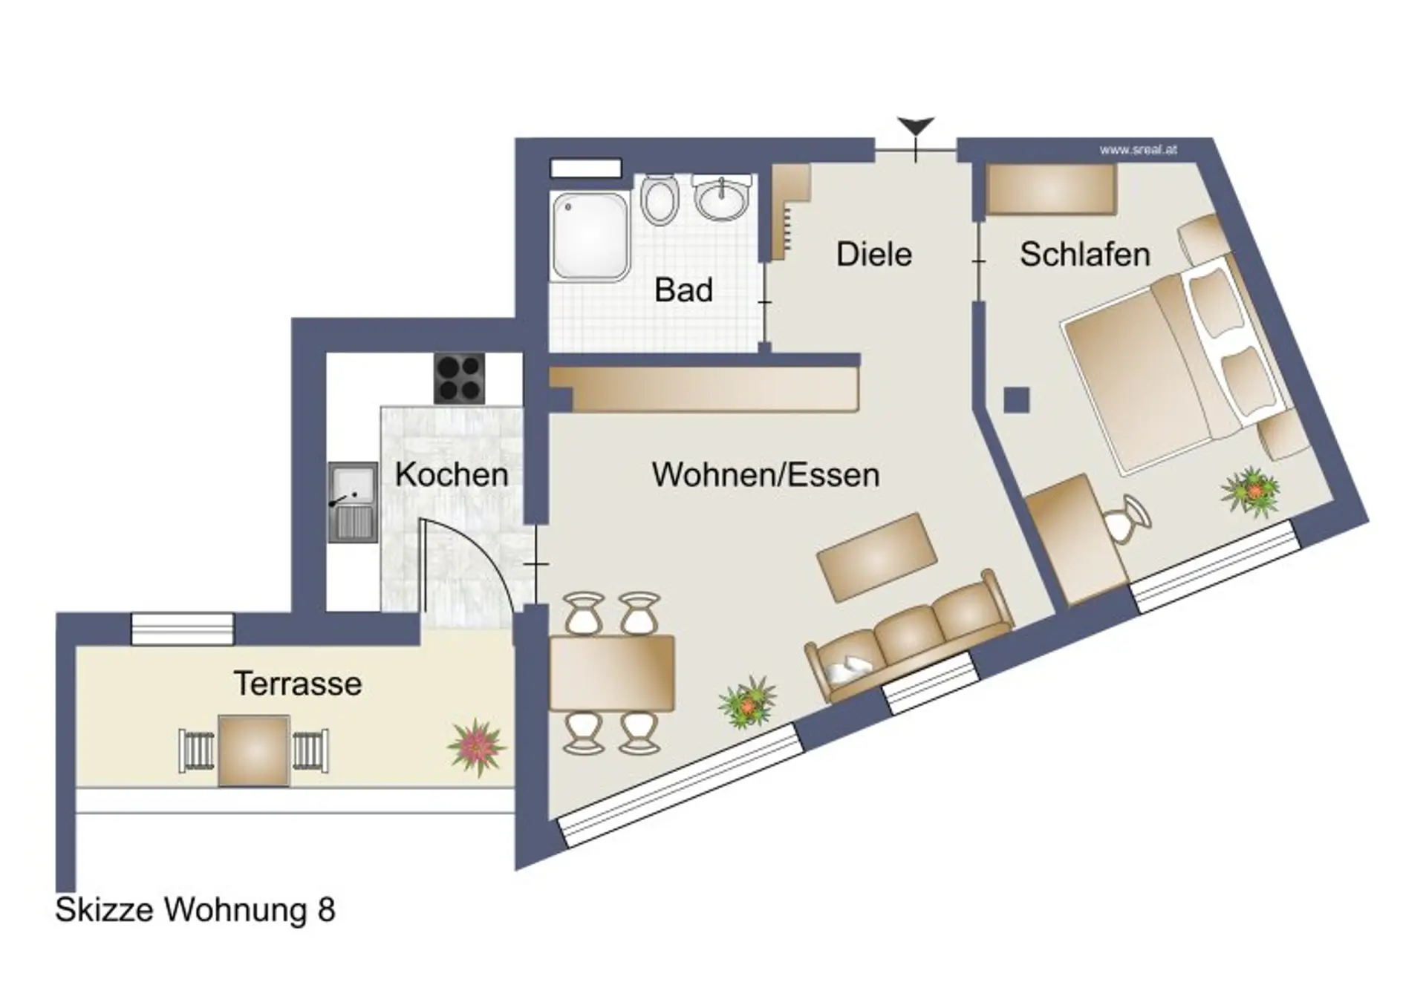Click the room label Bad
pos(683,289)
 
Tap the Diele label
pos(874,254)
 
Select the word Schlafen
pos(1085,254)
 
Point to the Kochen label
pos(452,474)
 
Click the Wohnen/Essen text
pos(766,474)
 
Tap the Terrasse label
pos(298,683)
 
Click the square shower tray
pos(590,237)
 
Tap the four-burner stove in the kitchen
pos(460,379)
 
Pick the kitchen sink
pos(353,503)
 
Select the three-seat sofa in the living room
pos(909,635)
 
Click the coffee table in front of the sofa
pos(876,557)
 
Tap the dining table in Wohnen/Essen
pos(611,672)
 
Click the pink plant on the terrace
pos(477,747)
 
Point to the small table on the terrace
pos(253,750)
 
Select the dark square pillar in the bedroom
pos(1017,400)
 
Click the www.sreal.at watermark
pos(1139,150)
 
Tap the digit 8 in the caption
pos(327,909)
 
